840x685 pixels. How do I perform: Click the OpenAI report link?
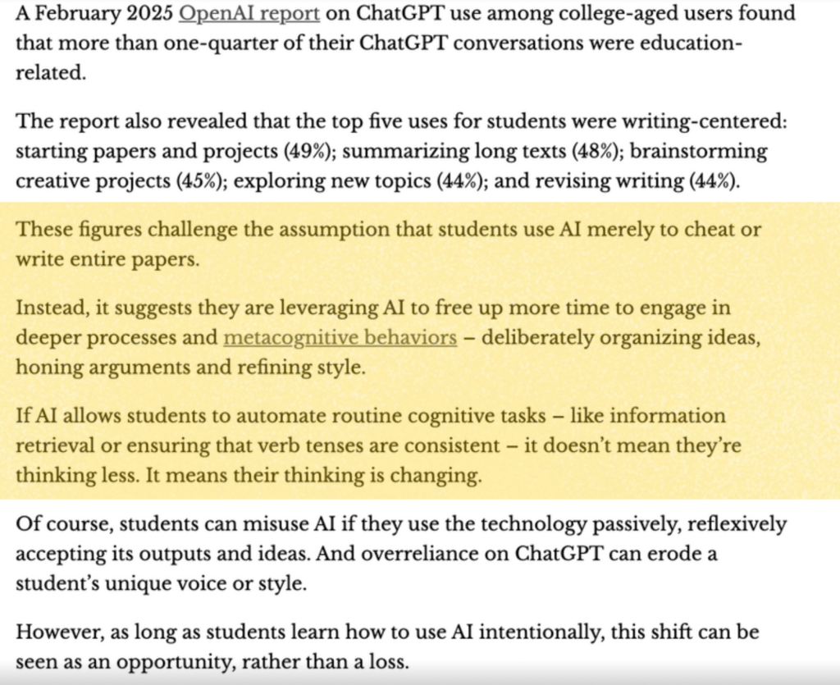click(x=249, y=13)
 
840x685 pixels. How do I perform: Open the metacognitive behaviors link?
click(x=340, y=337)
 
